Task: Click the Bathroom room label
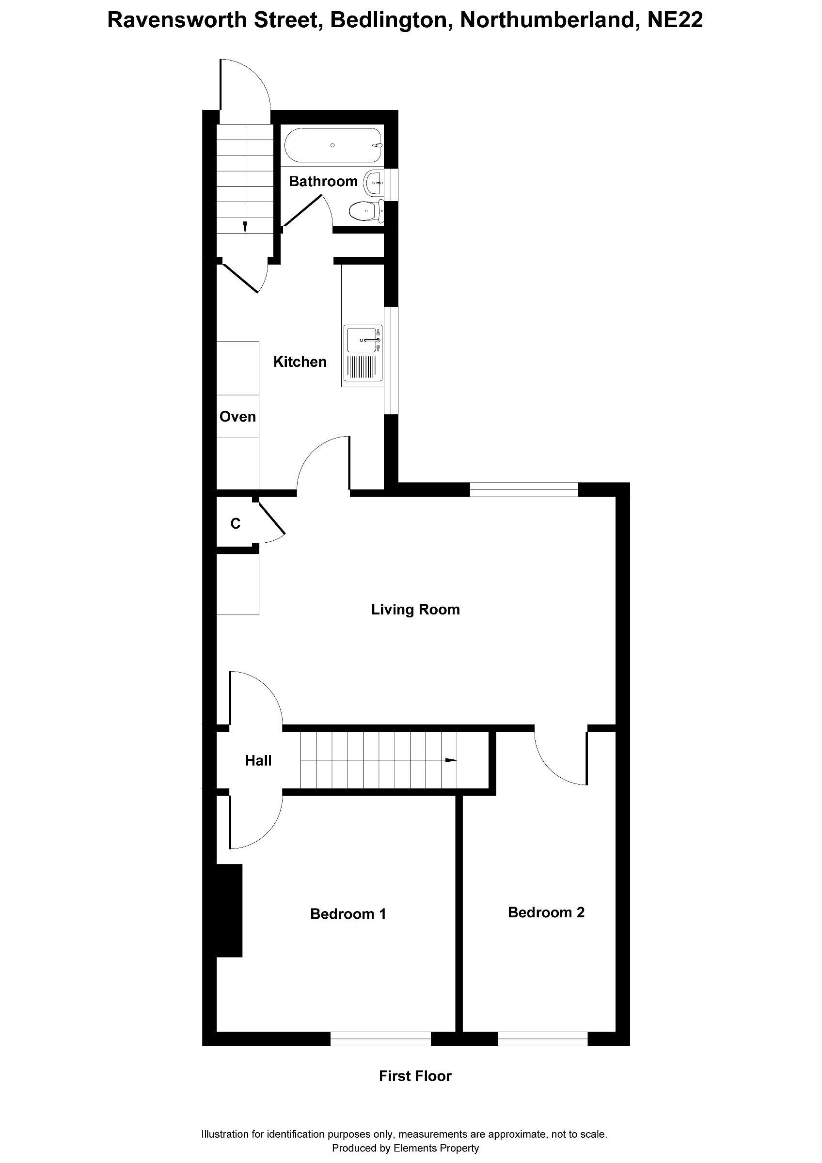pyautogui.click(x=323, y=181)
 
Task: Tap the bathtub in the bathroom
pyautogui.click(x=333, y=145)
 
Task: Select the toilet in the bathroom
pyautogui.click(x=364, y=211)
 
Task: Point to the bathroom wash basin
pyautogui.click(x=374, y=182)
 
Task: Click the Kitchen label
pyautogui.click(x=300, y=361)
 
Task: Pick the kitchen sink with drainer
pyautogui.click(x=363, y=353)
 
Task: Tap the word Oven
pyautogui.click(x=237, y=416)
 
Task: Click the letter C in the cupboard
pyautogui.click(x=236, y=523)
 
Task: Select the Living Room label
pyautogui.click(x=415, y=609)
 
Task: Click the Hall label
pyautogui.click(x=258, y=760)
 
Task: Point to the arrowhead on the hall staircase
pyautogui.click(x=451, y=760)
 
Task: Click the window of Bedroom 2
pyautogui.click(x=542, y=1039)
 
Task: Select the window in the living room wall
pyautogui.click(x=524, y=489)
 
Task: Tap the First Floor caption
pyautogui.click(x=415, y=1076)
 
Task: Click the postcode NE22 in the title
pyautogui.click(x=675, y=20)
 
